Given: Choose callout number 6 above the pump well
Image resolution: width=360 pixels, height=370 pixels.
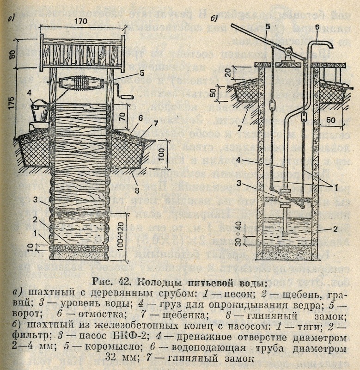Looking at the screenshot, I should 317,26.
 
